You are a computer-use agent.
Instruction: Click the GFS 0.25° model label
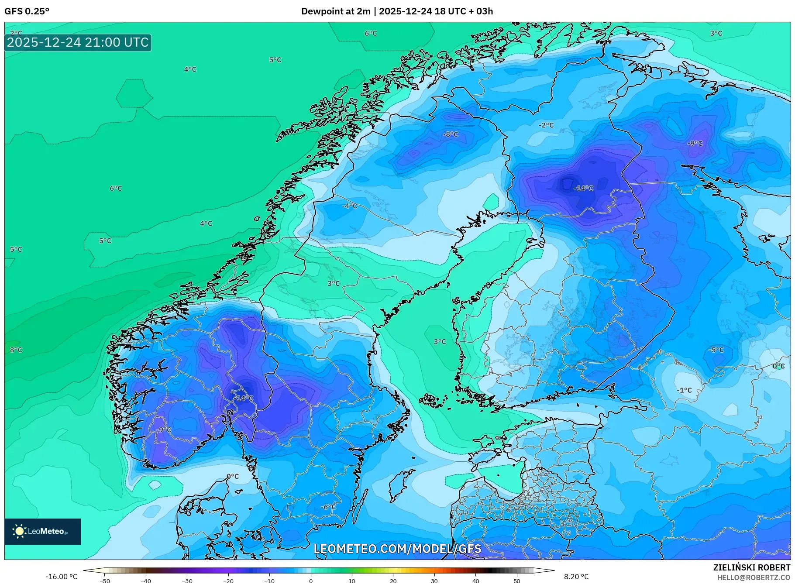pos(27,11)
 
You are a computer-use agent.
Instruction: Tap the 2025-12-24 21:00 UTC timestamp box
pos(78,42)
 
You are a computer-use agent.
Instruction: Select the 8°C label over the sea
pos(16,350)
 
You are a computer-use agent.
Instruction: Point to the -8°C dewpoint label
pos(451,134)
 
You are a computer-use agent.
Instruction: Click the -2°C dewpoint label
pos(546,125)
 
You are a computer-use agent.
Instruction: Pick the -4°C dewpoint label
pos(349,206)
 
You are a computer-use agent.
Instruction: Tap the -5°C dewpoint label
pos(716,350)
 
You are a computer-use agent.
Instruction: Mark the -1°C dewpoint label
pos(684,390)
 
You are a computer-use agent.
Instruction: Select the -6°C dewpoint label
pos(328,507)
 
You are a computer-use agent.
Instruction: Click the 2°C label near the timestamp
pos(16,33)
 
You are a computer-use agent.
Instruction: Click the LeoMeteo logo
pos(42,531)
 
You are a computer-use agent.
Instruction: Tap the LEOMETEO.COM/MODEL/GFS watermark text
pos(397,549)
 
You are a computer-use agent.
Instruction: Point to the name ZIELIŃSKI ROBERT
pos(751,567)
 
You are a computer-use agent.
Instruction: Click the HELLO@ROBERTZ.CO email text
pos(754,577)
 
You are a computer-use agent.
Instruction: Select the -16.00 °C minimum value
pos(61,577)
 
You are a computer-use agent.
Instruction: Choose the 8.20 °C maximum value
pos(576,577)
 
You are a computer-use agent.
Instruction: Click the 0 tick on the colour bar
pos(311,581)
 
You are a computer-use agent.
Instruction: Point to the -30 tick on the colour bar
pos(187,581)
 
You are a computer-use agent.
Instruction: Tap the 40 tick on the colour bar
pos(475,581)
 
